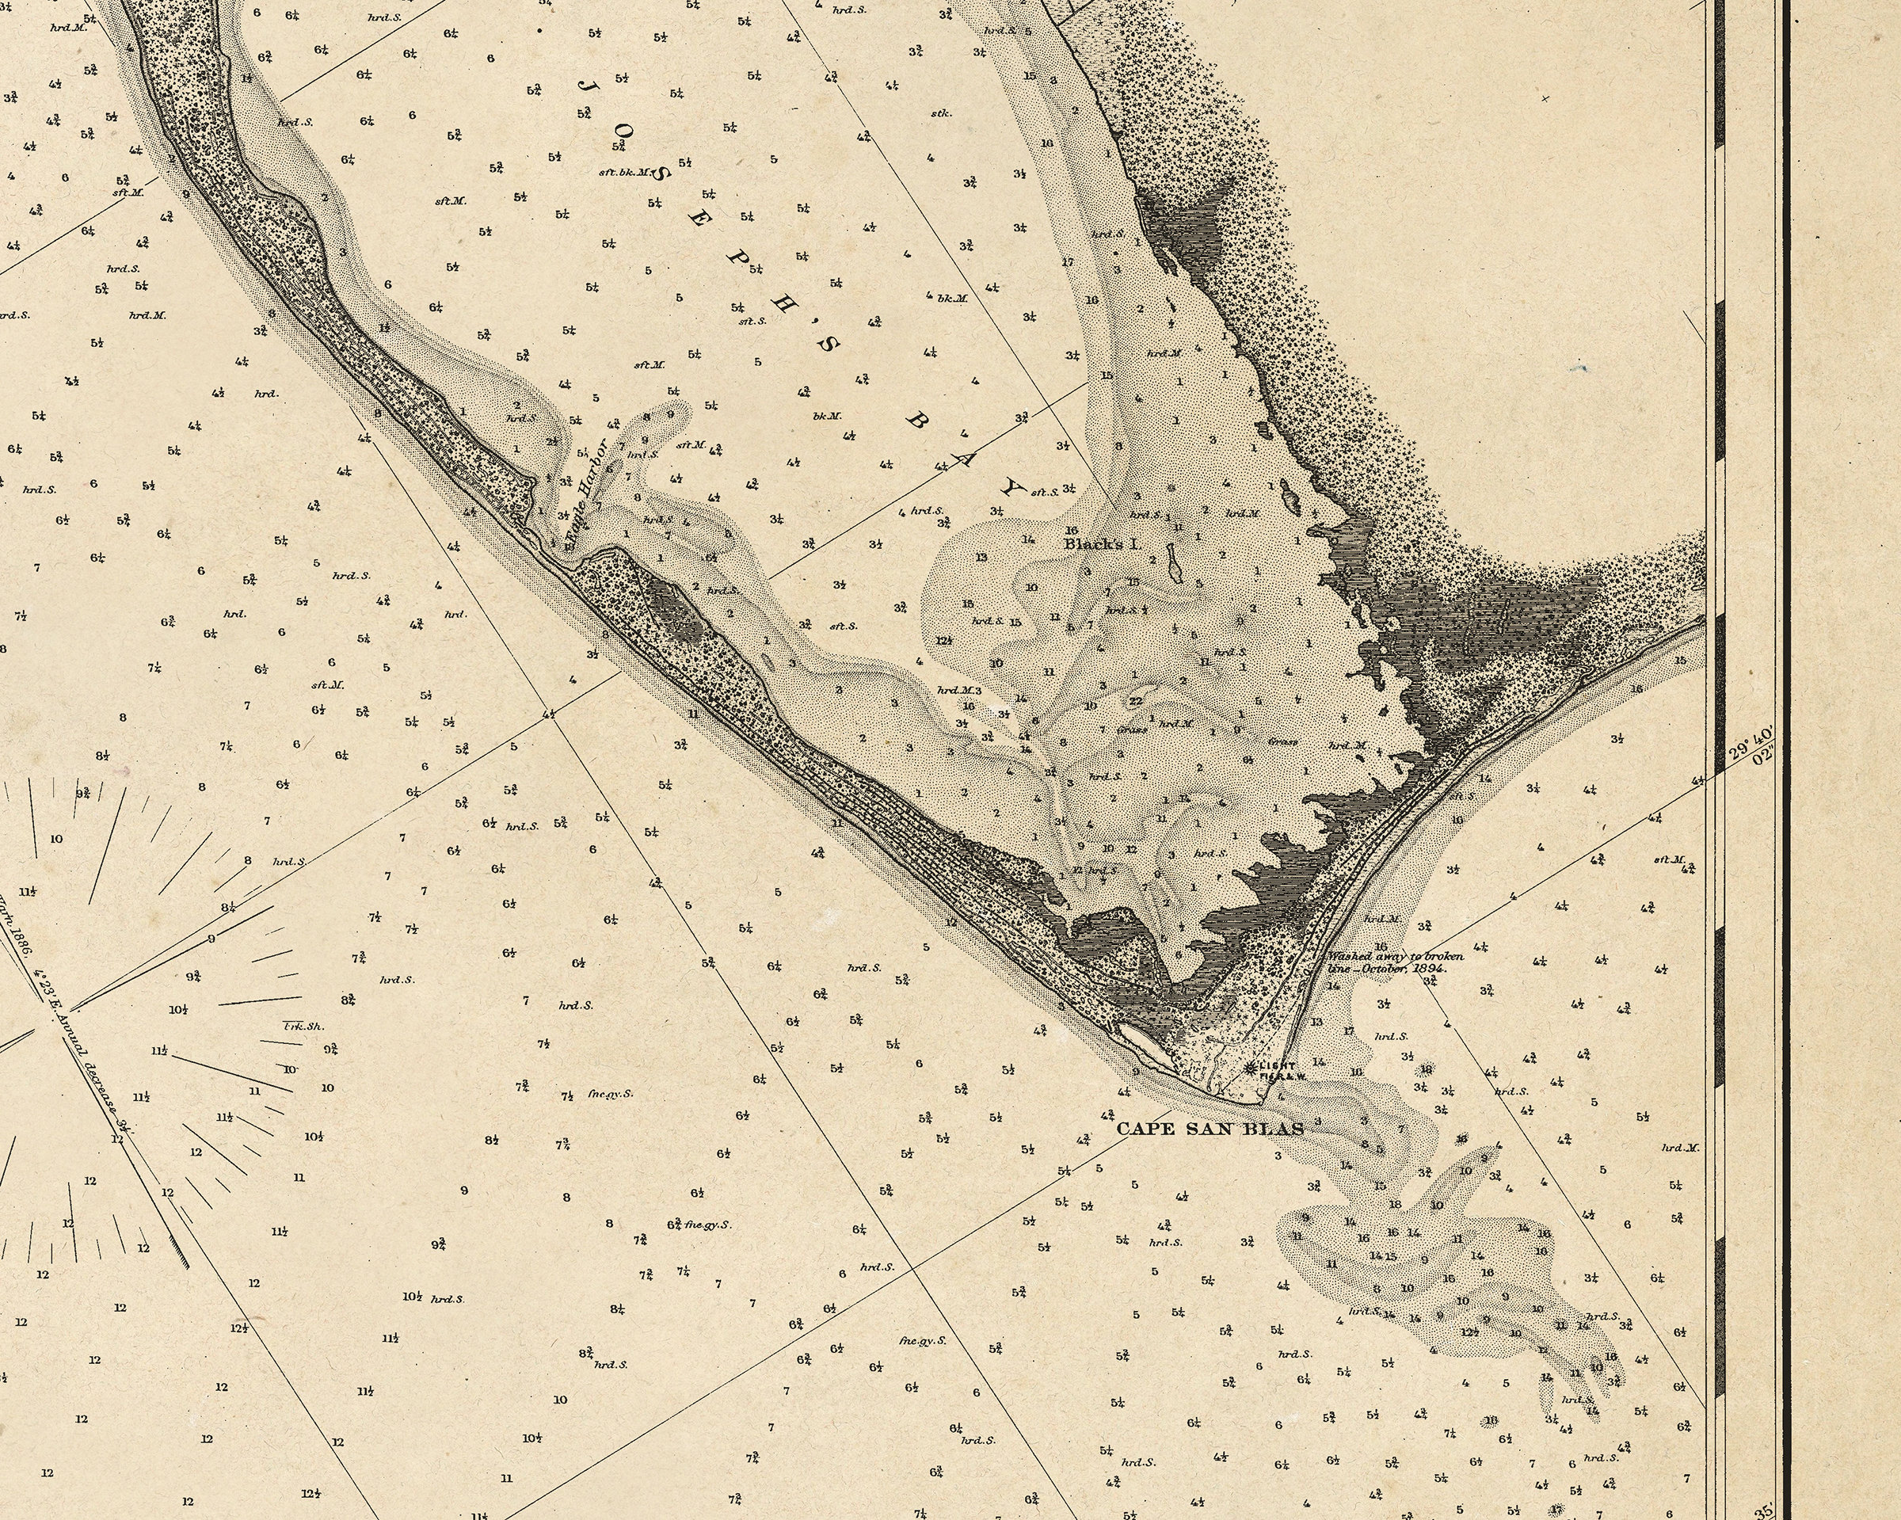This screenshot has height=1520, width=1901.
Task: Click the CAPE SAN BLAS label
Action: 1210,1128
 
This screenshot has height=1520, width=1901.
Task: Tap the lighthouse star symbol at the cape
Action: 1249,1068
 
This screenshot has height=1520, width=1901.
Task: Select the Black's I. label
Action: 1102,544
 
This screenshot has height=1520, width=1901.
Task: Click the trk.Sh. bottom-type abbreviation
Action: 303,1026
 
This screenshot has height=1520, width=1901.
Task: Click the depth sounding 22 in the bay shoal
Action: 1136,701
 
